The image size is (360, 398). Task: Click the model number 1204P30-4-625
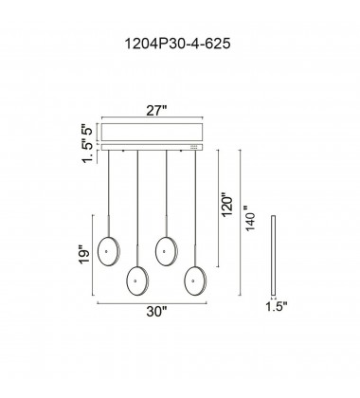pyautogui.click(x=178, y=44)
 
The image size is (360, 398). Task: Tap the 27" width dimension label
pyautogui.click(x=156, y=111)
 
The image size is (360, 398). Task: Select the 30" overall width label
pyautogui.click(x=156, y=312)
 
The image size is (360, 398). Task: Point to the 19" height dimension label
pyautogui.click(x=84, y=254)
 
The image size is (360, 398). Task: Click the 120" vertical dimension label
pyautogui.click(x=227, y=204)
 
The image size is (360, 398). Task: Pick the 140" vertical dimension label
pyautogui.click(x=250, y=218)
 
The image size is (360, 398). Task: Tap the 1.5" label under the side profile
pyautogui.click(x=277, y=306)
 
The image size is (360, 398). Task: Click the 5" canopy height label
pyautogui.click(x=88, y=129)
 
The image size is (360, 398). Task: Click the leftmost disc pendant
pyautogui.click(x=109, y=251)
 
